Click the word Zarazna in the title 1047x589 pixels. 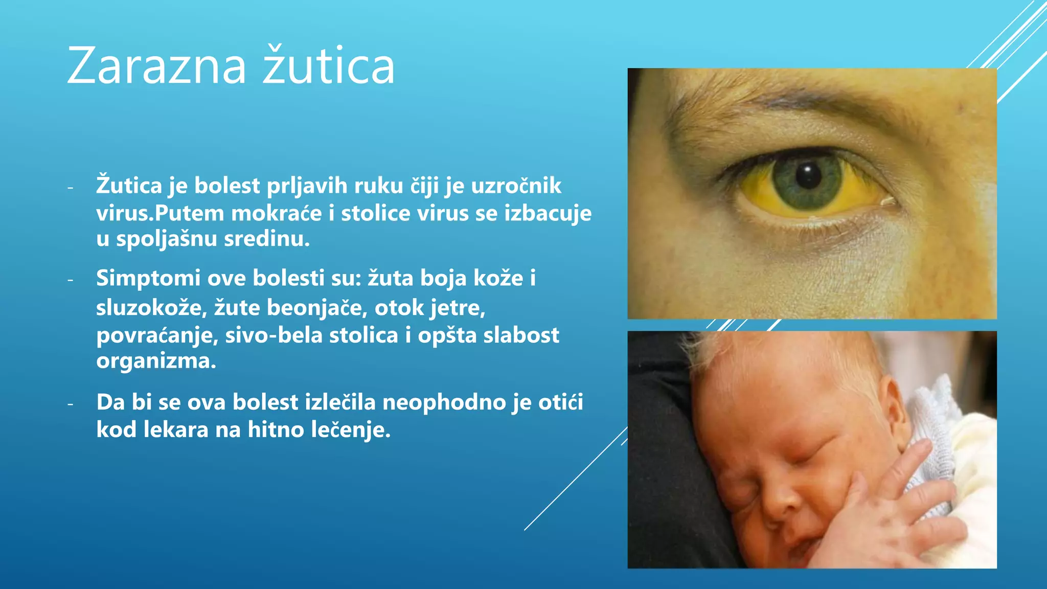click(156, 66)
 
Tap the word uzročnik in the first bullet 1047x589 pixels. click(516, 186)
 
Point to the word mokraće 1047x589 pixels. click(277, 213)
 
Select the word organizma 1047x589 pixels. click(156, 361)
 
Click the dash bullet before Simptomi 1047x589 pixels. click(71, 280)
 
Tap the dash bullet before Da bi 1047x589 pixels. click(71, 404)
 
